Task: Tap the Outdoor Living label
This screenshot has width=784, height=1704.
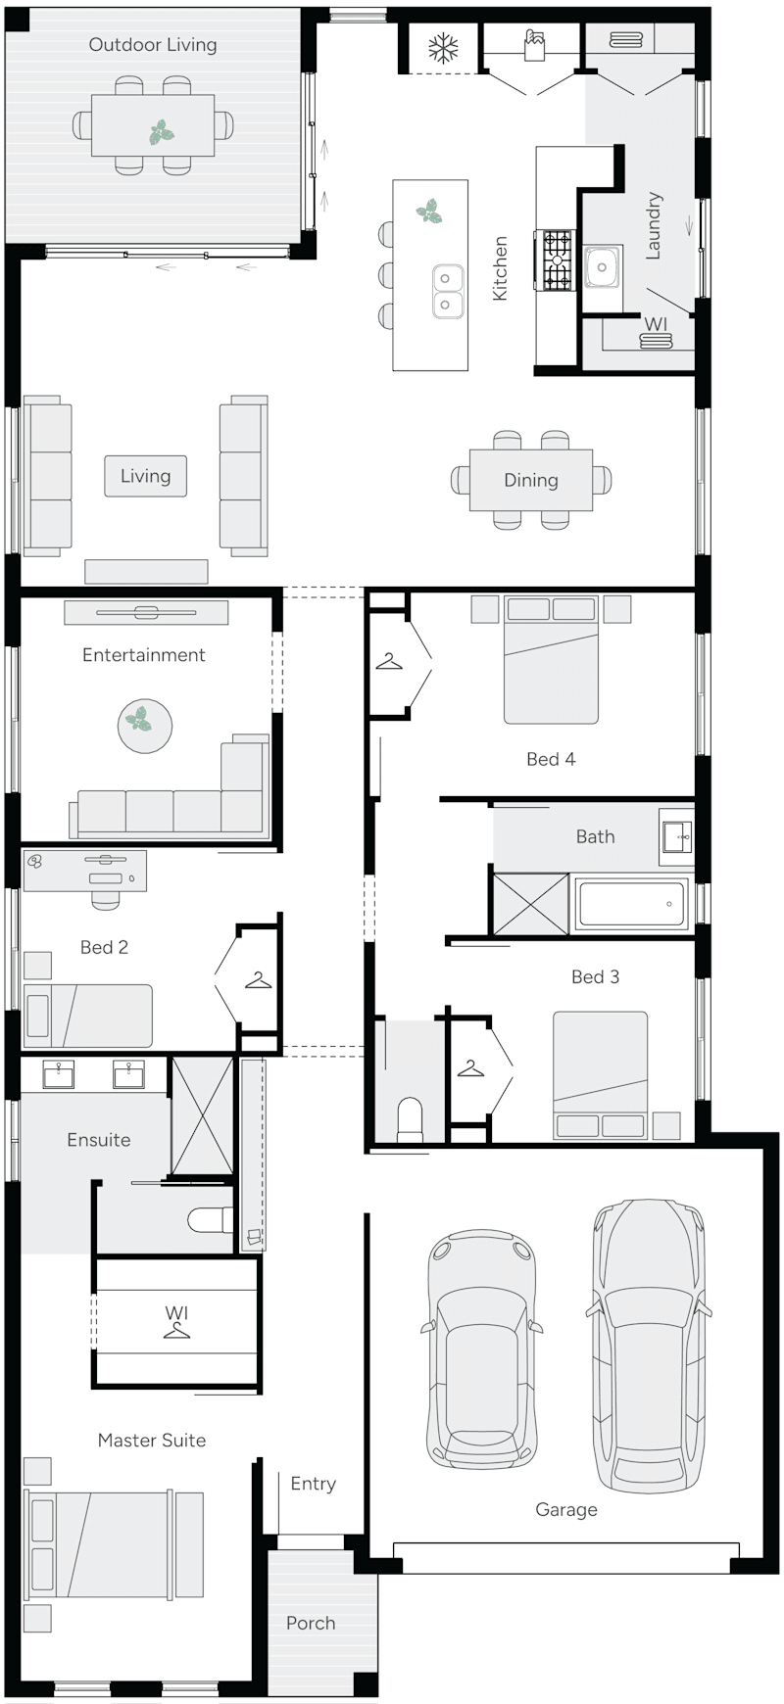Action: [153, 44]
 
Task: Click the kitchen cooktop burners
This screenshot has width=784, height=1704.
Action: [558, 261]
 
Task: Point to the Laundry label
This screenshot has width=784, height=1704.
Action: [654, 225]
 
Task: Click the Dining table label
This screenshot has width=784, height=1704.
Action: [531, 480]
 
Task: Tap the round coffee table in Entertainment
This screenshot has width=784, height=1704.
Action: [145, 726]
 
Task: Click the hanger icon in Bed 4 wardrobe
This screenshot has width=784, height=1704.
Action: [390, 663]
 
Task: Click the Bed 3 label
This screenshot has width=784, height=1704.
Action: [595, 976]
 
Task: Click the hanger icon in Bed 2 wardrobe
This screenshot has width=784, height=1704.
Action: [258, 978]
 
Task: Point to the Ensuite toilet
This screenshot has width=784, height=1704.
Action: [208, 1220]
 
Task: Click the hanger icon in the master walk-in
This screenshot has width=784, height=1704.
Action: [176, 1330]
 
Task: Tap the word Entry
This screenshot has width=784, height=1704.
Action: [313, 1484]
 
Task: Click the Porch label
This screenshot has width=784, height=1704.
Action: [311, 1623]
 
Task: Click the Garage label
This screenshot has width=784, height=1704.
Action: [566, 1509]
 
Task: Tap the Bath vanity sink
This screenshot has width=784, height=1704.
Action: [677, 836]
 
